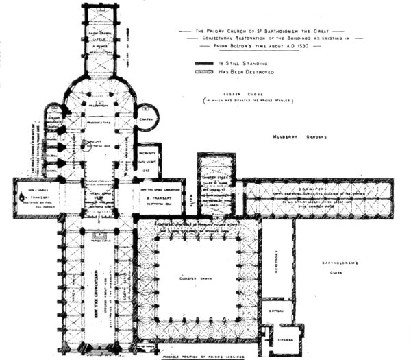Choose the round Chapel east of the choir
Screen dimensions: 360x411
click(x=145, y=116)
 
